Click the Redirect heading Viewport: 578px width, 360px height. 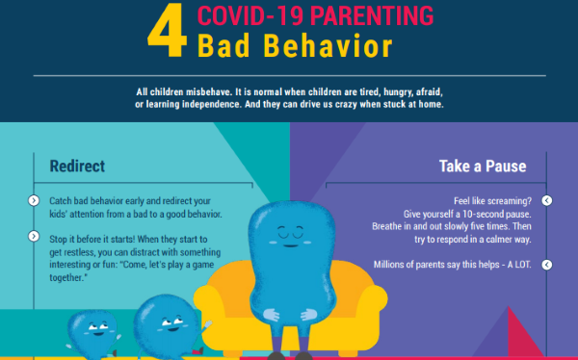(77, 167)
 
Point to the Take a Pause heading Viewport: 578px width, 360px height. (481, 167)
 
